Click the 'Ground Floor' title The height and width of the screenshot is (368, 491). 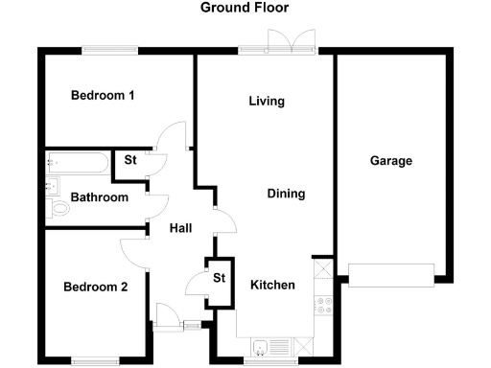245,8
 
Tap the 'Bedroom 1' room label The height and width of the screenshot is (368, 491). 103,96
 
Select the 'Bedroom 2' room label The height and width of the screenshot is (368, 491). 96,287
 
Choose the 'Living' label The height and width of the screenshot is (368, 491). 267,102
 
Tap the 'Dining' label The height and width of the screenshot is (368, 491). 286,194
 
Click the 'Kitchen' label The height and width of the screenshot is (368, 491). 272,286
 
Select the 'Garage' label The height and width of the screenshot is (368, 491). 391,161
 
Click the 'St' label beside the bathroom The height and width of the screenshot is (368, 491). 130,160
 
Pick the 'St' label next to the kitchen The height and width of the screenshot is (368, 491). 219,279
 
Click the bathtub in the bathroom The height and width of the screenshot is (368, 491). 79,163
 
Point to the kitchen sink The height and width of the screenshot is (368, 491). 262,346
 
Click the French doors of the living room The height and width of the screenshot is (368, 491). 290,44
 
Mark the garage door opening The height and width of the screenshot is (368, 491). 391,275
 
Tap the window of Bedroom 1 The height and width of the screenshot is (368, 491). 108,51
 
